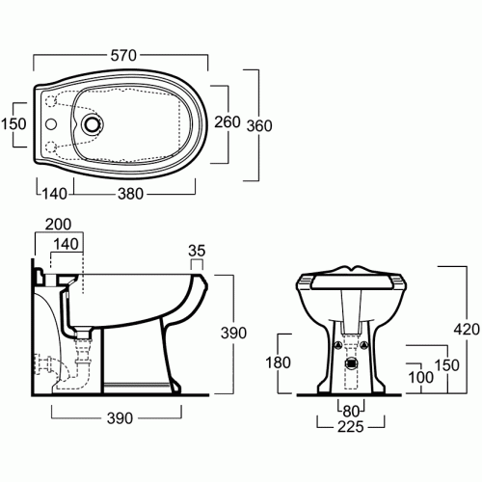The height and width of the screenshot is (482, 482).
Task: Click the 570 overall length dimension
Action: (123, 56)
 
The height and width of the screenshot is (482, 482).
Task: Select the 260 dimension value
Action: (228, 122)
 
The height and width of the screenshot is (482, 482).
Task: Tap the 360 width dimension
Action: (259, 125)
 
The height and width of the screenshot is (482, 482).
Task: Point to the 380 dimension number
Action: (130, 194)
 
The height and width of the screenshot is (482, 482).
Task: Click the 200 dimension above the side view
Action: (58, 225)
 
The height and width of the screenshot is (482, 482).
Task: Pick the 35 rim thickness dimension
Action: (197, 251)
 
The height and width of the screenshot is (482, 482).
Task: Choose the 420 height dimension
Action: (467, 330)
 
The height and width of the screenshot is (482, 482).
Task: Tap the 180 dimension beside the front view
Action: (278, 362)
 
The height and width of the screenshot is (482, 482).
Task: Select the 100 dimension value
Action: (420, 377)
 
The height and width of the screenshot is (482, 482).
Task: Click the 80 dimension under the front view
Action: (351, 411)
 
